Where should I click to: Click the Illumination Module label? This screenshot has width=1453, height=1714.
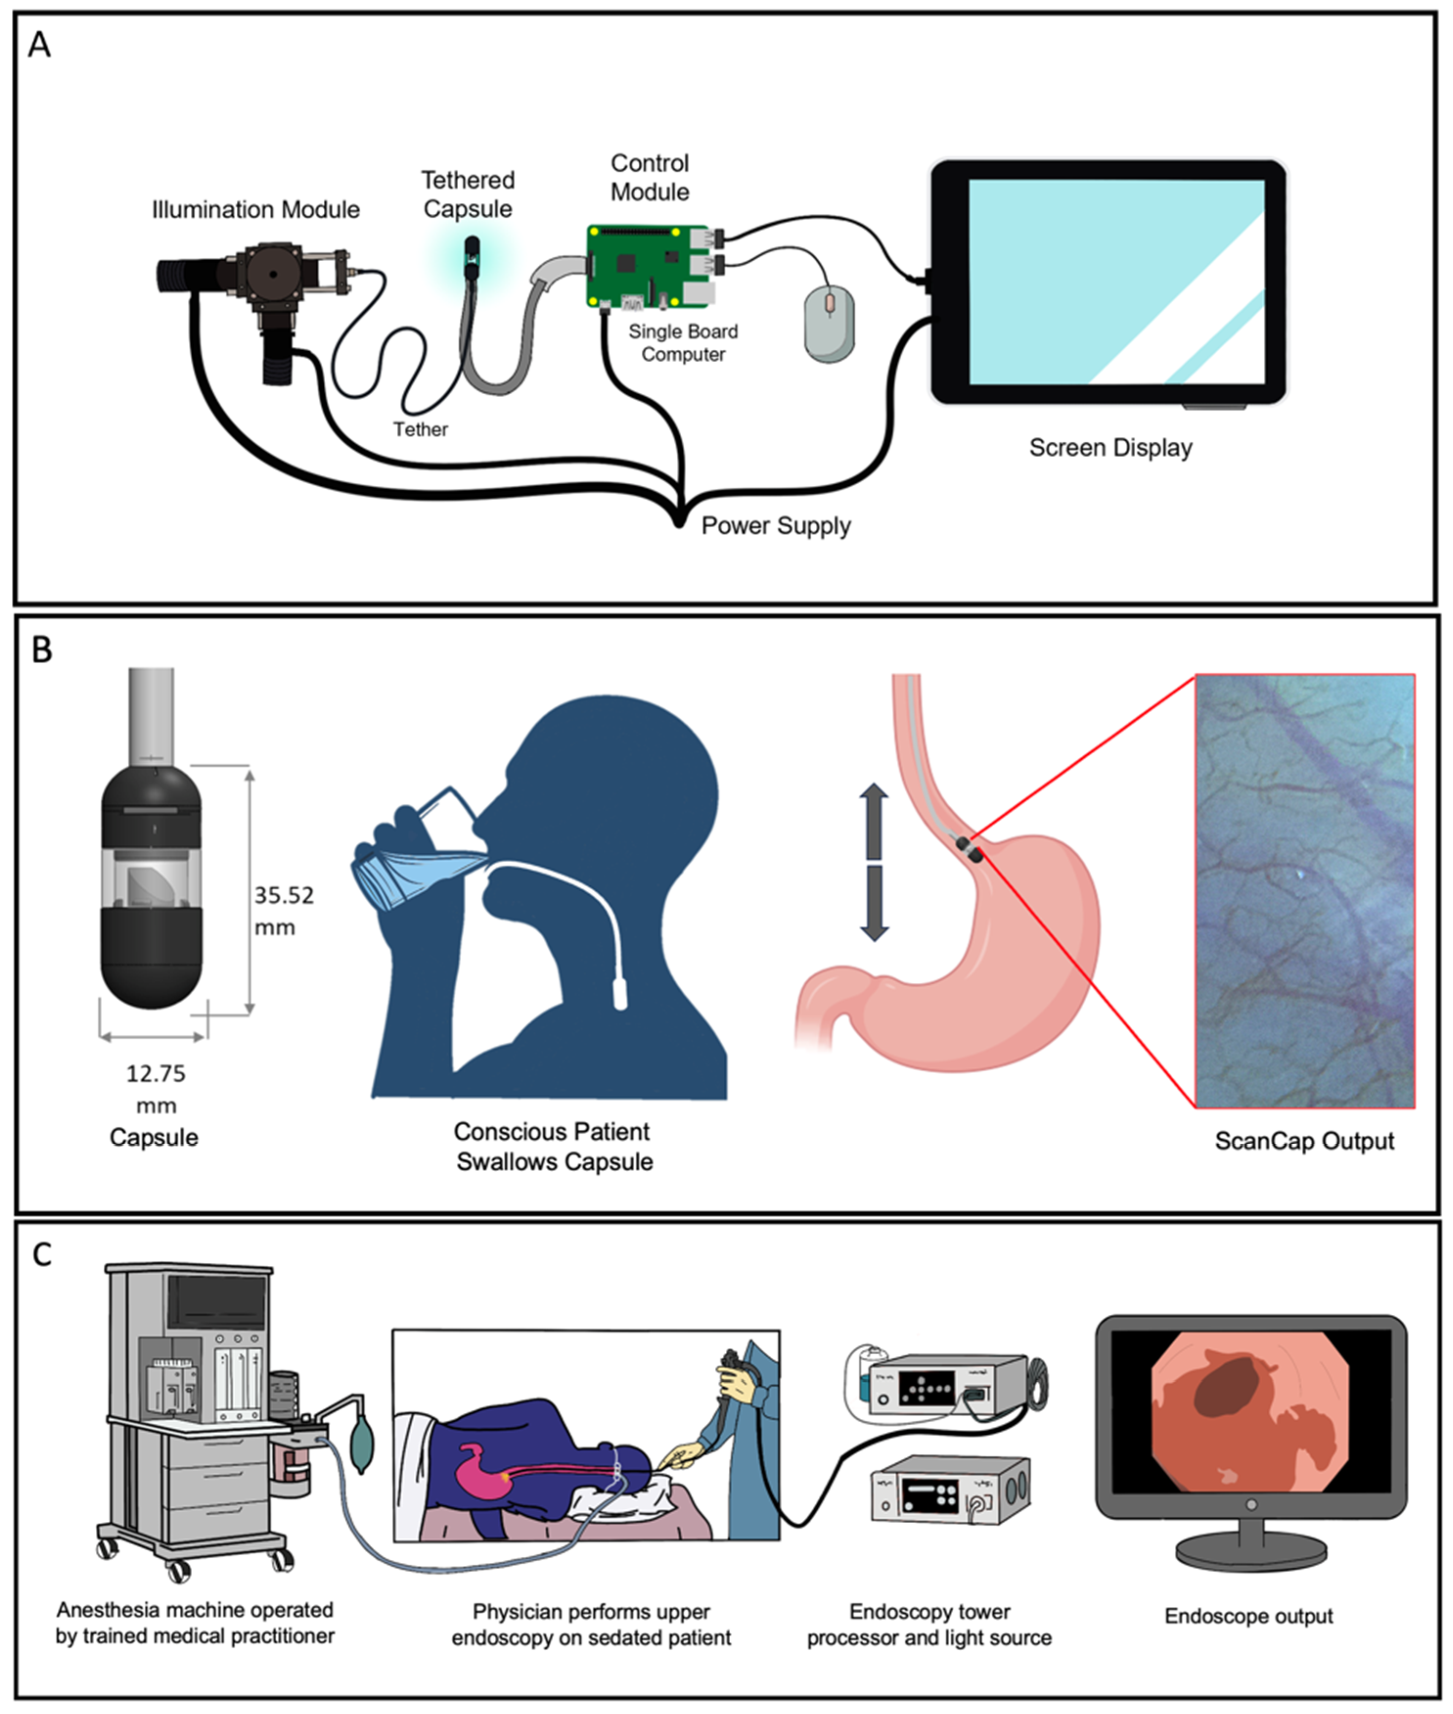tap(255, 210)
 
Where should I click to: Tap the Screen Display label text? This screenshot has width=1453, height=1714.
tap(1110, 448)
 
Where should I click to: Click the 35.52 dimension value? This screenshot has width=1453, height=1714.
tap(283, 895)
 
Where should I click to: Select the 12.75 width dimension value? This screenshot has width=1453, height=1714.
tap(156, 1073)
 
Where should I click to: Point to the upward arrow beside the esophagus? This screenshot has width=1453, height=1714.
tap(874, 819)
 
